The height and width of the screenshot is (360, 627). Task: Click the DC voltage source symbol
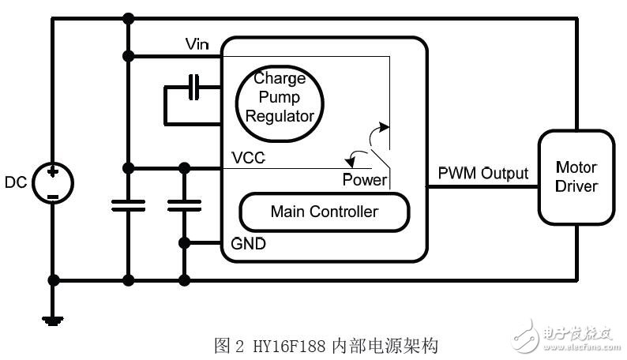tap(54, 183)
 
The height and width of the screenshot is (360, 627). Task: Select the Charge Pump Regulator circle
tap(280, 98)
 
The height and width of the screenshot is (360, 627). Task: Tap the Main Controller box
tap(324, 212)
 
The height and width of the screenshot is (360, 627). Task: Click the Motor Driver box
tap(576, 178)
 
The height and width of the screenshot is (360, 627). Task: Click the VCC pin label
tap(248, 158)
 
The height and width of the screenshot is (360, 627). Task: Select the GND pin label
tap(249, 244)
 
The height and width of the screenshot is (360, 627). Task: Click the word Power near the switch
tap(364, 180)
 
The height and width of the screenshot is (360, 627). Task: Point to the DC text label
tap(16, 183)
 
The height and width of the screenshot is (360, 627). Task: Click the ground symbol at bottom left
tap(54, 318)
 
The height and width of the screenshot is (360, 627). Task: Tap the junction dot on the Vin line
tap(128, 56)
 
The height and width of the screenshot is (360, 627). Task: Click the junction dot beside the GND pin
tap(185, 242)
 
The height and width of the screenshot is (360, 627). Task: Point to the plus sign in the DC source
tap(54, 172)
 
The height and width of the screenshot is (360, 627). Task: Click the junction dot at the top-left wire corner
tap(128, 17)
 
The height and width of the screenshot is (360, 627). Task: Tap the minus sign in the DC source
tap(54, 194)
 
